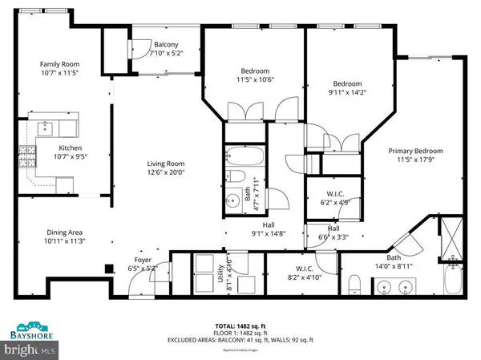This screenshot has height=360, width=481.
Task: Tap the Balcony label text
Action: click(x=166, y=44)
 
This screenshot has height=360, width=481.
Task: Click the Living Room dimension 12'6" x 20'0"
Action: click(x=166, y=172)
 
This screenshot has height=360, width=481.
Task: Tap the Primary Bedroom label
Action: click(x=415, y=150)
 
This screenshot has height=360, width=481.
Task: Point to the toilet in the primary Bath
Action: click(x=354, y=285)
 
